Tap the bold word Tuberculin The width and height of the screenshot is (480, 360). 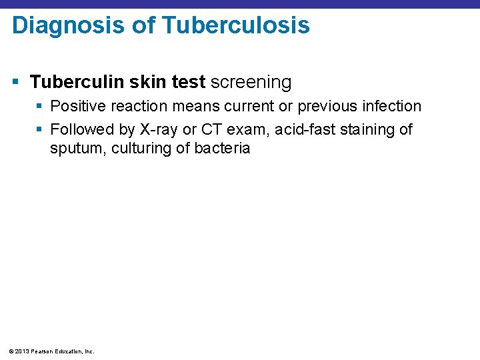pyautogui.click(x=74, y=82)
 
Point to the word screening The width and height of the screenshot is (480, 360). pyautogui.click(x=251, y=82)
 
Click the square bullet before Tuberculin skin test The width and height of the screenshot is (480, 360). pyautogui.click(x=17, y=83)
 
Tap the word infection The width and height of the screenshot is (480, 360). pyautogui.click(x=393, y=106)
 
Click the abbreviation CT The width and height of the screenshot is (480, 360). pyautogui.click(x=212, y=129)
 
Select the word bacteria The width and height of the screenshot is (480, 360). pyautogui.click(x=222, y=148)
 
